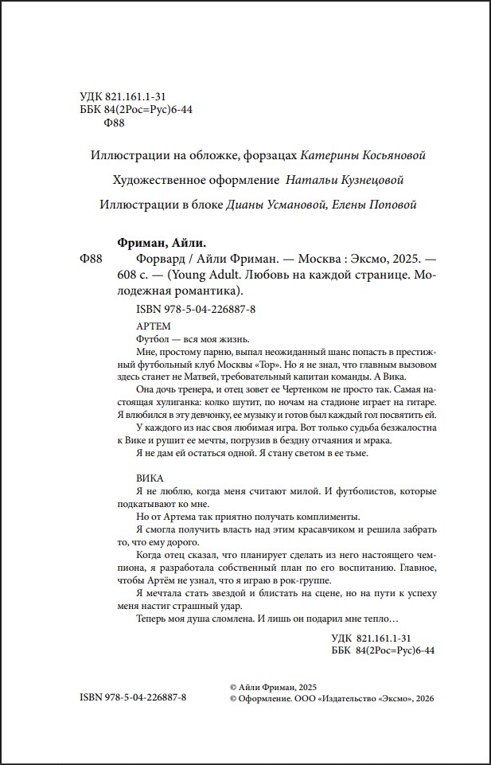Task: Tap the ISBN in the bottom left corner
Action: [133, 697]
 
